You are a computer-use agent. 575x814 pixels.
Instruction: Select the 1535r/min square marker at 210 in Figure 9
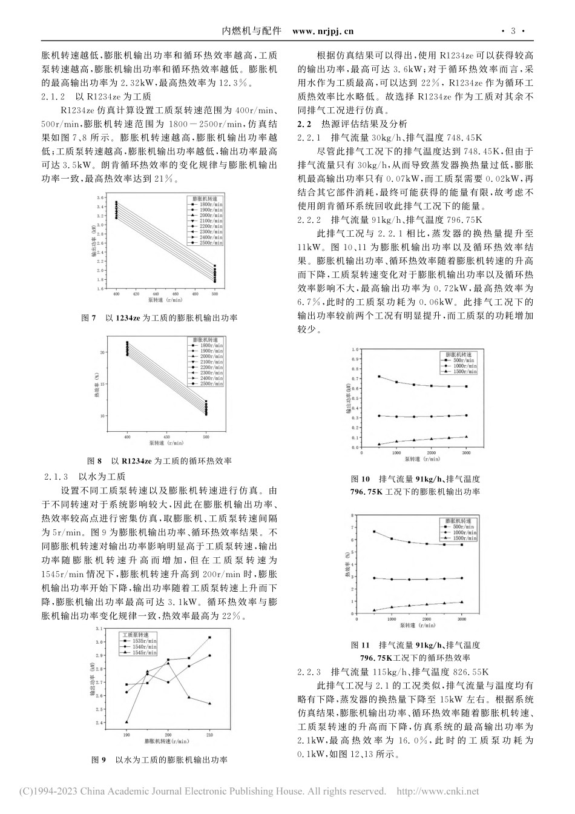209,637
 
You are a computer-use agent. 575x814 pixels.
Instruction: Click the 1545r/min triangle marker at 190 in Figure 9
126,721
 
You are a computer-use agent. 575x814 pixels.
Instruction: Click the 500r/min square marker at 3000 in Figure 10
466,386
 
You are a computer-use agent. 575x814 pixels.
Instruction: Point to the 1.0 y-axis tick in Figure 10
355,349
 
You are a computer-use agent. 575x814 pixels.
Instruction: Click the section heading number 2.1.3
59,476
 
